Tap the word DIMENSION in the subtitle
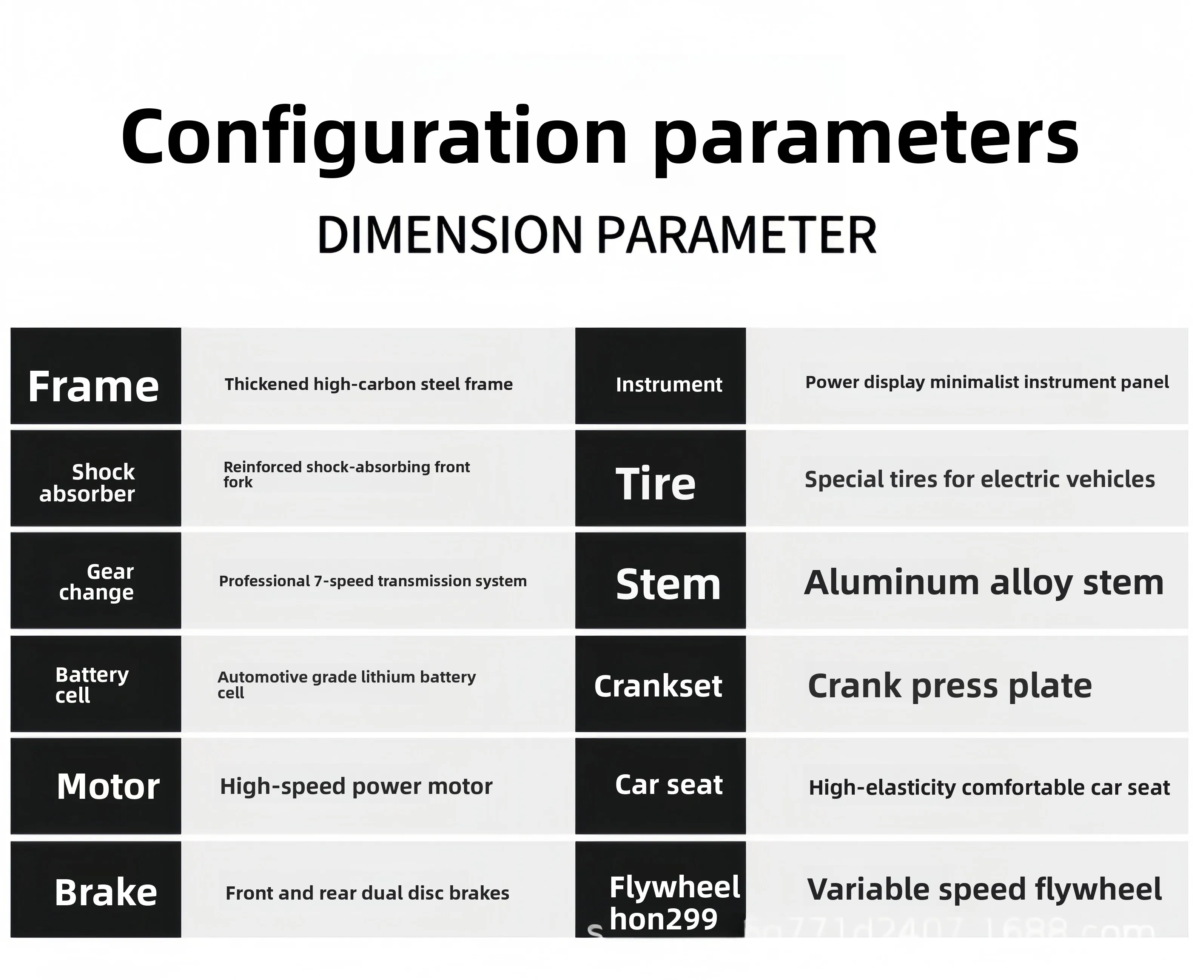pyautogui.click(x=449, y=234)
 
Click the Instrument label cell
pyautogui.click(x=669, y=384)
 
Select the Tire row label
pyautogui.click(x=655, y=484)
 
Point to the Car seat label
pyautogui.click(x=669, y=785)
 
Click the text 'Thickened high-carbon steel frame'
pyautogui.click(x=369, y=384)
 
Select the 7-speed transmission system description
pyautogui.click(x=373, y=581)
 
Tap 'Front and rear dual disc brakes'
pyautogui.click(x=368, y=893)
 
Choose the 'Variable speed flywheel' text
pyautogui.click(x=985, y=890)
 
